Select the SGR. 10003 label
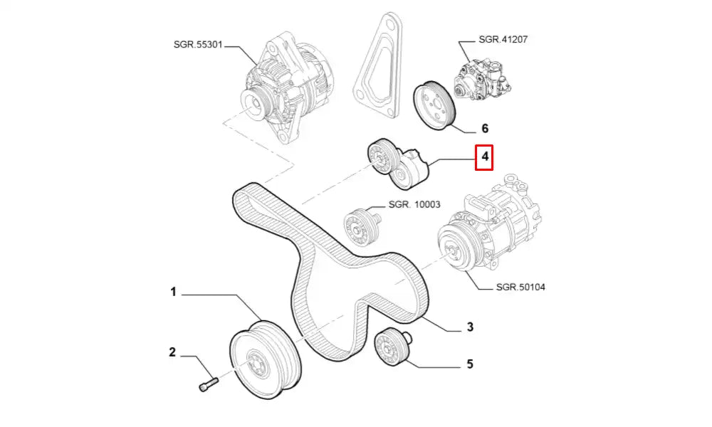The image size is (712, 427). click(x=414, y=204)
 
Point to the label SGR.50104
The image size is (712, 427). click(x=521, y=288)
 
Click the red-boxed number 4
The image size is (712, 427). click(x=484, y=157)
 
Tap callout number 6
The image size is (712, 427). click(x=484, y=129)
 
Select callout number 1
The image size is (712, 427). click(x=172, y=292)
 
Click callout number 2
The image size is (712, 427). click(x=172, y=352)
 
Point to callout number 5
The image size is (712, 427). click(x=470, y=364)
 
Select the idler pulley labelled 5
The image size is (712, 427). click(x=391, y=349)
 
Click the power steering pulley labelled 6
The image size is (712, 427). click(x=435, y=105)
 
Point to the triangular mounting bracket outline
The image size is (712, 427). click(x=384, y=64)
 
